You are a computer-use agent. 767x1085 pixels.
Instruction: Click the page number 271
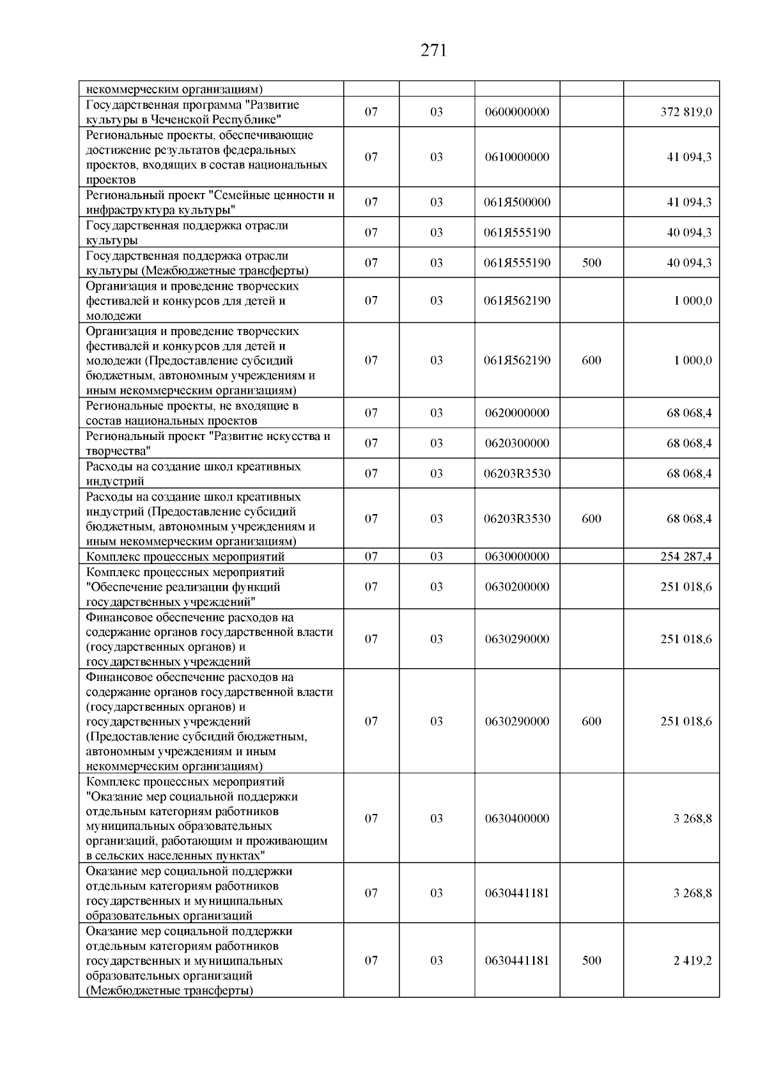click(x=433, y=51)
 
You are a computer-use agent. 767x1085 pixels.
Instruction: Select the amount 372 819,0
click(x=686, y=113)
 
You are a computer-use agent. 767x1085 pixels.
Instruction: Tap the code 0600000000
click(x=517, y=113)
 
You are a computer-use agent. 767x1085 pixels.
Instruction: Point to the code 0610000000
click(x=517, y=157)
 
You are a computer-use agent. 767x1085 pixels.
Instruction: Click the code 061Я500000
click(x=517, y=203)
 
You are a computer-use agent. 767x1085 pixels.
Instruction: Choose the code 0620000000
click(x=517, y=413)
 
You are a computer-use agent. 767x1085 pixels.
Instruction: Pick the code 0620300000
click(x=517, y=444)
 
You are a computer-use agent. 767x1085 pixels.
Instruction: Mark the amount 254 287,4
click(x=686, y=557)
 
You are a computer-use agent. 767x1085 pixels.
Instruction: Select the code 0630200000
click(x=517, y=587)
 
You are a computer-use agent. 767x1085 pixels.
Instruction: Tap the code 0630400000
click(x=517, y=819)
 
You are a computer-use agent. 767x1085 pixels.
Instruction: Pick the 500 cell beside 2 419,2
click(x=591, y=961)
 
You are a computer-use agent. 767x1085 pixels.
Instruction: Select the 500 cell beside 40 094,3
click(x=591, y=263)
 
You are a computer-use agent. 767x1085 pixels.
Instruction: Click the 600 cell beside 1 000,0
click(x=591, y=361)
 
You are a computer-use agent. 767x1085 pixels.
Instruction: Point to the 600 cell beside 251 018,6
click(x=591, y=722)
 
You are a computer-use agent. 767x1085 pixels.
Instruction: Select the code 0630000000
click(x=517, y=557)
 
